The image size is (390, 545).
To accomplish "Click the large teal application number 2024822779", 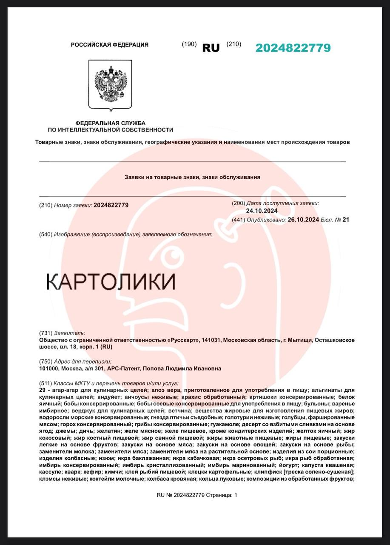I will point(293,48).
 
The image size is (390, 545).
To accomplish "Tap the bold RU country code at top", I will point(211,48).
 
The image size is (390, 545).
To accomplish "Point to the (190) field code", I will point(189,44).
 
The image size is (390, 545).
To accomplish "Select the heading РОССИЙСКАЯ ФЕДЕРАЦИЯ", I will point(110,45).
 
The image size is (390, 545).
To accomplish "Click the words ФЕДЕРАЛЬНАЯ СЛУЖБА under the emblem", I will point(111,123).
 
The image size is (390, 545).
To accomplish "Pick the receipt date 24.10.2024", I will point(262,211).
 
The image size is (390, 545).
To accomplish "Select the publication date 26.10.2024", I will point(303,220).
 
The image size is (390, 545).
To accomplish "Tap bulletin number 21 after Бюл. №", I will point(345,220).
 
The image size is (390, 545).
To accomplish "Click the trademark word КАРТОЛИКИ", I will point(111,282).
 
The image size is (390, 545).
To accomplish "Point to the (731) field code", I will point(45,333).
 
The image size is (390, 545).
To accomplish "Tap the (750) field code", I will point(45,361).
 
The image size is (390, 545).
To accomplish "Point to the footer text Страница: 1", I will point(222,495).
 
